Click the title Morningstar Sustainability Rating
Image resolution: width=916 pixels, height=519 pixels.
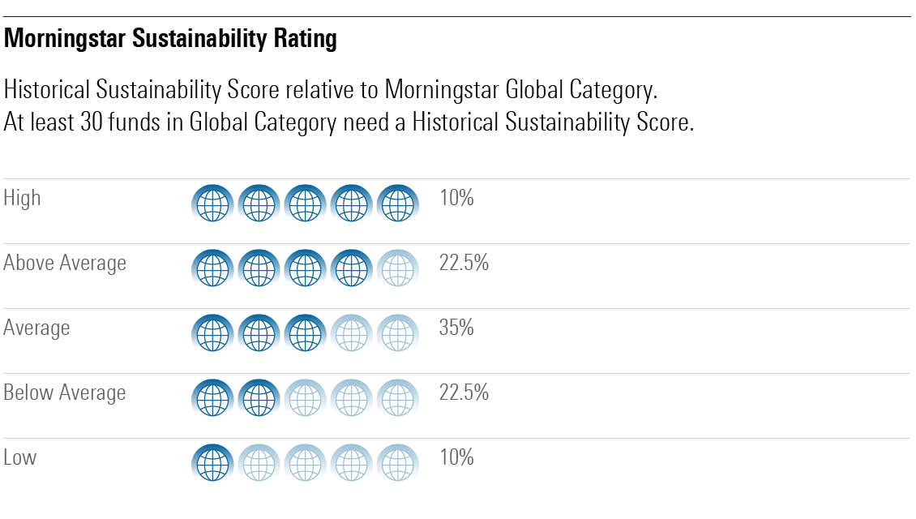click(170, 40)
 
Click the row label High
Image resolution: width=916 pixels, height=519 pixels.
click(22, 198)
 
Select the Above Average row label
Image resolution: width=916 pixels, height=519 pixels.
click(65, 263)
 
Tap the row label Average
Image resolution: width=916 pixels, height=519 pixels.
click(36, 328)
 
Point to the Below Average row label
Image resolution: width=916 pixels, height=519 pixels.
click(65, 392)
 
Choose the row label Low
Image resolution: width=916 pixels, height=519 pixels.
click(20, 457)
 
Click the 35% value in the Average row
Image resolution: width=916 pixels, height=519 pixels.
click(456, 328)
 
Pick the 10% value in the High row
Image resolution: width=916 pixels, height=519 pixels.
click(456, 198)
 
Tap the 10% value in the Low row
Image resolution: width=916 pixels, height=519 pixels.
click(456, 457)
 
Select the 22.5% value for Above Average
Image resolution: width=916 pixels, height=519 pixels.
click(464, 263)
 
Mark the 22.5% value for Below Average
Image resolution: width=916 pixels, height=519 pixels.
click(464, 392)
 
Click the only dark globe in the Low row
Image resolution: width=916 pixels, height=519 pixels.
click(212, 464)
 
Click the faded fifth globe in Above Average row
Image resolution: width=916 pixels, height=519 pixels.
click(397, 268)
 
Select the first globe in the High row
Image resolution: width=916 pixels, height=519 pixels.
click(212, 204)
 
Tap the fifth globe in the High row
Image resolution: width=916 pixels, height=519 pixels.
click(397, 204)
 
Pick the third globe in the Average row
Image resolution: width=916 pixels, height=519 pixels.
click(305, 333)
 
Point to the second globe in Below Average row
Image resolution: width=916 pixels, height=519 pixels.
click(259, 398)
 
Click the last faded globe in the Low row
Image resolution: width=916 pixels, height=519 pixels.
click(397, 464)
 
